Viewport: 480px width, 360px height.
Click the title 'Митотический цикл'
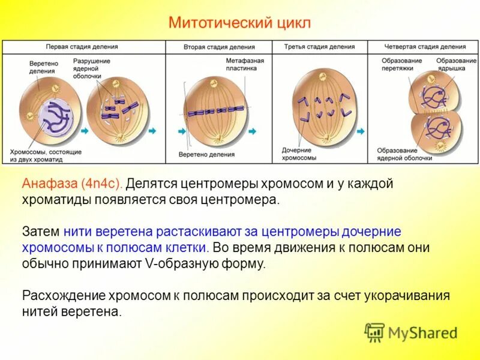(240, 23)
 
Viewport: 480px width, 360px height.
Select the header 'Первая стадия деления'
(82, 47)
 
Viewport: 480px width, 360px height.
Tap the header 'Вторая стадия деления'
(218, 47)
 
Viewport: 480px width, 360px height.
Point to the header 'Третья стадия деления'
(319, 47)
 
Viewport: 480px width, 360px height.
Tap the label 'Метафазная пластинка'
(245, 65)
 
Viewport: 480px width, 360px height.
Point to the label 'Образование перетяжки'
(401, 65)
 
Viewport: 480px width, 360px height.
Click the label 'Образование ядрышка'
(456, 65)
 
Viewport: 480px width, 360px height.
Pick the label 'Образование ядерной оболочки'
(404, 154)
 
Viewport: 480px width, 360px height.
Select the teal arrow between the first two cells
(84, 131)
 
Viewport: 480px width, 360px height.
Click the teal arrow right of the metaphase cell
(253, 131)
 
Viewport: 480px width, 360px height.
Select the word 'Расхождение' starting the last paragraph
(62, 296)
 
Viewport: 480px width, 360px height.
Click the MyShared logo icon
(375, 332)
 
